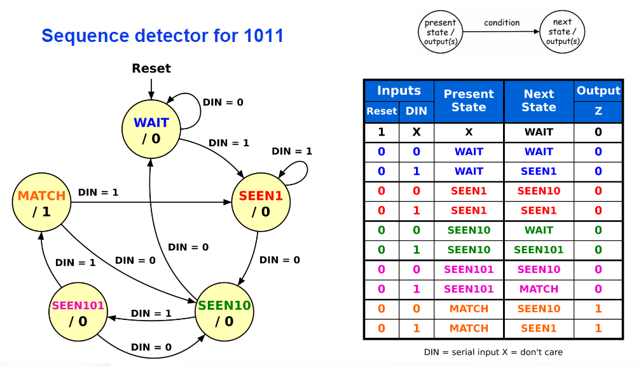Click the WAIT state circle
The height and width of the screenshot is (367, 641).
click(151, 129)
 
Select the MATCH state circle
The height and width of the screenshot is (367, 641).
click(41, 202)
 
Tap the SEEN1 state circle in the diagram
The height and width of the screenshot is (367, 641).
click(261, 202)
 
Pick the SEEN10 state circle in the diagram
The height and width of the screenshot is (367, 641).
click(224, 312)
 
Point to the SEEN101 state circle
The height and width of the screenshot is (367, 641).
click(78, 312)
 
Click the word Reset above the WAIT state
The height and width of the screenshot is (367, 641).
click(151, 68)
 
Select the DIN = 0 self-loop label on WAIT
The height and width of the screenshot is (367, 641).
click(223, 102)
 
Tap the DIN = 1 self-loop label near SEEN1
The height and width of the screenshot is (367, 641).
click(292, 151)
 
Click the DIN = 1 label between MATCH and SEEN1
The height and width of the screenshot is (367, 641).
click(98, 192)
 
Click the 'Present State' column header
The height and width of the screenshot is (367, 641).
click(469, 100)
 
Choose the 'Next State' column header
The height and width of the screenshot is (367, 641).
click(539, 100)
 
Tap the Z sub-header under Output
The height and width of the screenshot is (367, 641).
click(598, 111)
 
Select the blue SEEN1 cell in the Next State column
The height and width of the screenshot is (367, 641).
click(539, 171)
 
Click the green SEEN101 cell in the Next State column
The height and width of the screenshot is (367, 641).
click(539, 250)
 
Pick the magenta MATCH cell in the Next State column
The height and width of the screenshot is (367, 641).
click(539, 289)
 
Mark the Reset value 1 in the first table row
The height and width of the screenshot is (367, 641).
click(382, 132)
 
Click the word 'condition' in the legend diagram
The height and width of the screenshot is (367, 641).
click(502, 23)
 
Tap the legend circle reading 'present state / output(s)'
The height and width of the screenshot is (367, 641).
click(440, 32)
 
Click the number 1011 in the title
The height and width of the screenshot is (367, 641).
click(264, 36)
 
